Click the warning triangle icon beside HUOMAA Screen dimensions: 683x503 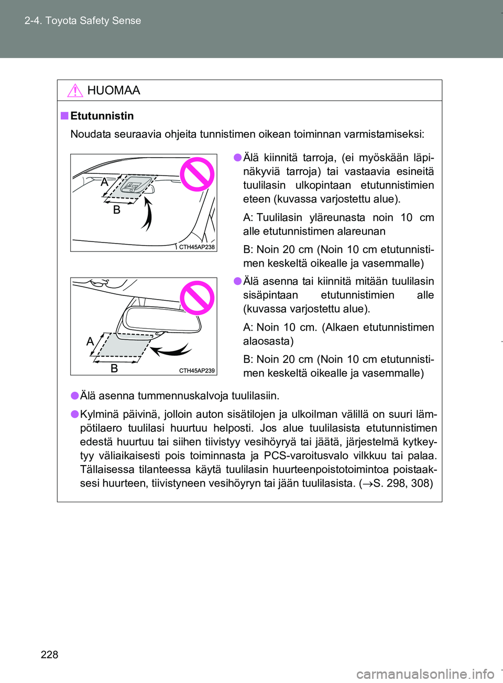coord(75,91)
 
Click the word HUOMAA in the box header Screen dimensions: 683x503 coord(114,91)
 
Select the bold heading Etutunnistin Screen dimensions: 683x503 coord(102,116)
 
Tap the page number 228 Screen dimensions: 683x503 coord(49,654)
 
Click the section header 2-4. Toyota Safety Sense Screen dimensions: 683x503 coord(83,20)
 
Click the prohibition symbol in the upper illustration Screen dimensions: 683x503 coord(197,174)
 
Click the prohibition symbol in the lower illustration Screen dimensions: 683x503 coord(197,298)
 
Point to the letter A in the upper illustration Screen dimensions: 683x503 coord(104,182)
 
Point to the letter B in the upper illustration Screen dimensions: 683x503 coord(117,210)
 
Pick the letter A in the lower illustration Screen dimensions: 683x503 coord(90,341)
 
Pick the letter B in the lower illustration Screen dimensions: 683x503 coord(114,368)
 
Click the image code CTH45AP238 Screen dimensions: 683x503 coord(196,247)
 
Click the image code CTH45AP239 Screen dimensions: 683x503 coord(196,370)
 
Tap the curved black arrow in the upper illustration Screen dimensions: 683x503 coord(147,215)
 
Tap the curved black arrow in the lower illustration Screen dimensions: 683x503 coord(171,349)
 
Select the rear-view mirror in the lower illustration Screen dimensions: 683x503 coord(162,317)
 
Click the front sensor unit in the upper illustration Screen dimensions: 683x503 coord(134,186)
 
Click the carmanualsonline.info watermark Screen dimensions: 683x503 coord(425,674)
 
